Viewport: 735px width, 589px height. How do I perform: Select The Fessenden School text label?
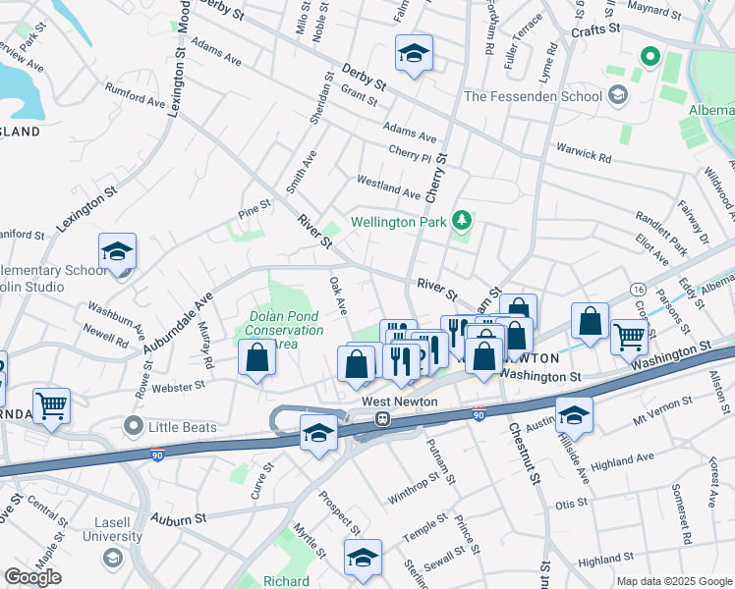[x=532, y=96]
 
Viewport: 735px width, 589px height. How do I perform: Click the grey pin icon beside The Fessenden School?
[x=617, y=95]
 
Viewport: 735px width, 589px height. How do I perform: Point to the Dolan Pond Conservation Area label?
[x=286, y=330]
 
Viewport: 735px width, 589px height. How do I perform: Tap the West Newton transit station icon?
[x=383, y=418]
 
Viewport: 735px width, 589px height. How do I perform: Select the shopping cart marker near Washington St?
[x=629, y=336]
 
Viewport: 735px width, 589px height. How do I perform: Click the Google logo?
[x=32, y=577]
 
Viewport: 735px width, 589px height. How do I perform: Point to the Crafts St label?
[x=596, y=30]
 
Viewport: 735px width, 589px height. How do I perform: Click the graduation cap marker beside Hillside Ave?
[x=574, y=414]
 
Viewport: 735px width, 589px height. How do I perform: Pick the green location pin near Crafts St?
[x=649, y=56]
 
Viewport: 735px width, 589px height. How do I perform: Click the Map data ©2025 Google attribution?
[x=674, y=581]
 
